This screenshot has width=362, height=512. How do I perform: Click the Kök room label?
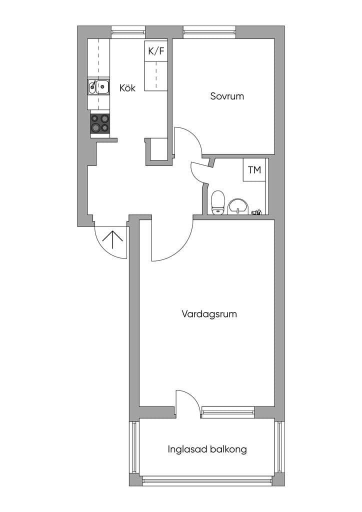[127, 88]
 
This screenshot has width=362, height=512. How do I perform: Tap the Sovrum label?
[227, 96]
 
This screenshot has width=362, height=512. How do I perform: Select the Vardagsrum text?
[209, 314]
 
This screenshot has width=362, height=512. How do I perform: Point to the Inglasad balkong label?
[207, 449]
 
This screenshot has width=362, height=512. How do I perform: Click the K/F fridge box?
[156, 51]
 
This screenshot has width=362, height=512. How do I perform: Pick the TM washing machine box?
[254, 170]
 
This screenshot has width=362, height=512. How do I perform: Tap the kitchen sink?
[98, 86]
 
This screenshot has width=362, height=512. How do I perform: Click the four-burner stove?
[100, 123]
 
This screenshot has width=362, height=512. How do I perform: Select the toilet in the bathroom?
[217, 203]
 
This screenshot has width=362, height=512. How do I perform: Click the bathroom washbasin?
[238, 206]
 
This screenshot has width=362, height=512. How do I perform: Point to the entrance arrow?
[112, 239]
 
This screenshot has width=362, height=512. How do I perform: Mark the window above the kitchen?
[128, 32]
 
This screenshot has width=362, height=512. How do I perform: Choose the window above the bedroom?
[209, 32]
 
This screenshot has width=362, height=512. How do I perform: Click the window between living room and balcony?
[228, 412]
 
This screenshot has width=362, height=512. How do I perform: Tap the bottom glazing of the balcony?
[207, 480]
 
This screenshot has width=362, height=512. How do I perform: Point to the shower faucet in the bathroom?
[256, 212]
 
